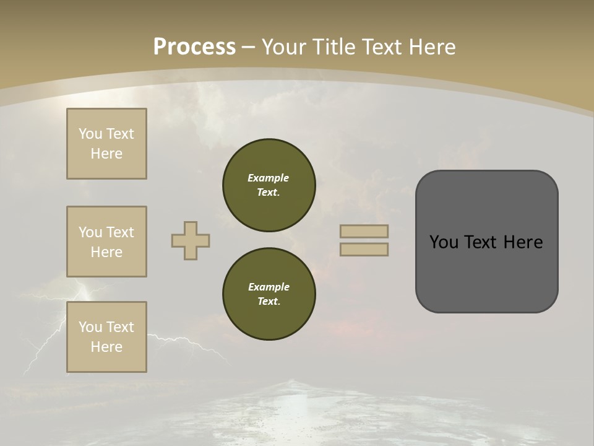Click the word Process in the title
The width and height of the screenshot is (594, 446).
[x=194, y=46]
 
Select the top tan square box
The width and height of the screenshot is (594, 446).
[x=106, y=144]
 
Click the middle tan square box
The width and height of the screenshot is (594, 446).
[x=106, y=242]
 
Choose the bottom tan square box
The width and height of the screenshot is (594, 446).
[x=106, y=337]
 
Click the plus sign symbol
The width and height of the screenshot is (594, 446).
[x=191, y=240]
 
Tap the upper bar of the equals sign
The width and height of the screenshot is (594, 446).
[x=364, y=231]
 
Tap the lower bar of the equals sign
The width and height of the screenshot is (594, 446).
[x=364, y=249]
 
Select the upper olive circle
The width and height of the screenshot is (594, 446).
[x=269, y=185]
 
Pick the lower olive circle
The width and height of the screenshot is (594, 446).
[x=269, y=294]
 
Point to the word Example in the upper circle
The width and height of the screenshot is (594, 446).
[x=269, y=178]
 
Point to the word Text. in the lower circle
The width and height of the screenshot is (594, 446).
[x=269, y=301]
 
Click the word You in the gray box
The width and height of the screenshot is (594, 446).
[x=444, y=242]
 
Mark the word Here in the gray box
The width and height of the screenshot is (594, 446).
[x=523, y=242]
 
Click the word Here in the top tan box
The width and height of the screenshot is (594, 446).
[x=106, y=154]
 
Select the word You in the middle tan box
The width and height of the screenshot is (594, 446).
[x=90, y=232]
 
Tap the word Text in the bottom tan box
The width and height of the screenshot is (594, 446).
[x=120, y=327]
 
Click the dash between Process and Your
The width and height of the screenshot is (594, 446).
[x=249, y=47]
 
